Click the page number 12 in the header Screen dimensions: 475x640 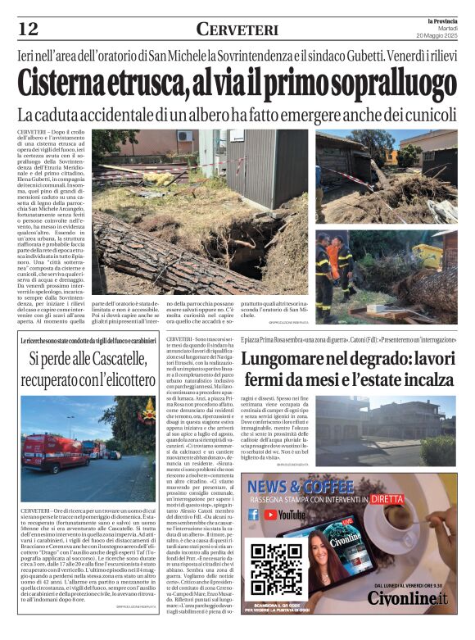coord(28,30)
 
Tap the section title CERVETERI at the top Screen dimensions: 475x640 coord(237,30)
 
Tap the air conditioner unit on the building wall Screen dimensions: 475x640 coord(185,136)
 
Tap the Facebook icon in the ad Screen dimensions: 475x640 coord(253,515)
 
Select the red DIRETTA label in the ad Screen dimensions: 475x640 coord(387,497)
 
